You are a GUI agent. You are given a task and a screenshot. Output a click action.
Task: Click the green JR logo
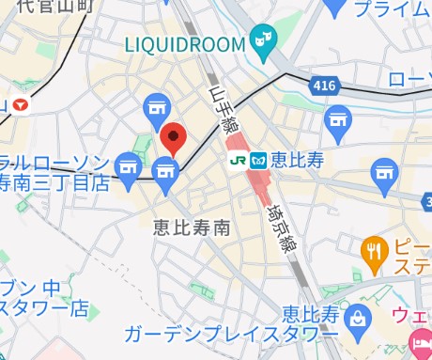[238, 161]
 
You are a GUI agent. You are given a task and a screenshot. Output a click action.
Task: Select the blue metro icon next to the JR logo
[259, 161]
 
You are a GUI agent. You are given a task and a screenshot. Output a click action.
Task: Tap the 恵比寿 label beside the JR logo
[297, 161]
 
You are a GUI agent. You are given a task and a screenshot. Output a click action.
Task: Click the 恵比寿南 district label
[192, 227]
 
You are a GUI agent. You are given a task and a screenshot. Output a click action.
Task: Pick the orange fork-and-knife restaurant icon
[374, 250]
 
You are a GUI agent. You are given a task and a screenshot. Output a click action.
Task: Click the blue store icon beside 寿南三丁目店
[166, 170]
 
